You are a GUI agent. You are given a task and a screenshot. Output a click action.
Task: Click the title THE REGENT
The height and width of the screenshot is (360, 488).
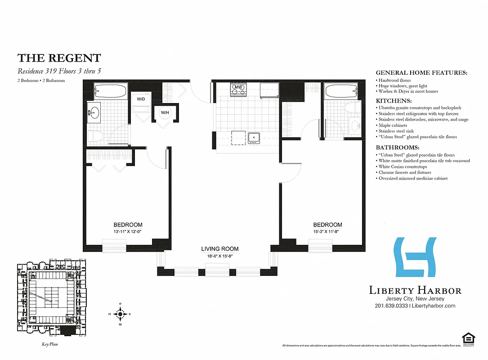(x=59, y=58)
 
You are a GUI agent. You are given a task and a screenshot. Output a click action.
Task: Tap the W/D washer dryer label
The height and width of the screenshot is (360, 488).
(x=141, y=99)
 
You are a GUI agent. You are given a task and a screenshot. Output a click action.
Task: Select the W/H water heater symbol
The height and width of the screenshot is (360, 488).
(x=165, y=112)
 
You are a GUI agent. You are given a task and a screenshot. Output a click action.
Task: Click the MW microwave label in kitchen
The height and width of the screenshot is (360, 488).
(x=238, y=87)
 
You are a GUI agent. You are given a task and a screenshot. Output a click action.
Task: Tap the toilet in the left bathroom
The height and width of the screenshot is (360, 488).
(x=95, y=135)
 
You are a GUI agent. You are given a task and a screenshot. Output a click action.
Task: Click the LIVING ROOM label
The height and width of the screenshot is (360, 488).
(x=219, y=249)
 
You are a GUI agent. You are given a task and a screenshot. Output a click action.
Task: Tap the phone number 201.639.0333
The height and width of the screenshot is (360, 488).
(x=390, y=306)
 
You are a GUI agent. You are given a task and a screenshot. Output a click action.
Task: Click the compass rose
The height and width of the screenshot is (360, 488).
(x=121, y=314)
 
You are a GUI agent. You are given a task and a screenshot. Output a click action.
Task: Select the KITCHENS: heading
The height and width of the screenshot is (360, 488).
(x=394, y=101)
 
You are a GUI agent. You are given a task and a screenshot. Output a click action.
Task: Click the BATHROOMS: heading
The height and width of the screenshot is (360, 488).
(x=397, y=148)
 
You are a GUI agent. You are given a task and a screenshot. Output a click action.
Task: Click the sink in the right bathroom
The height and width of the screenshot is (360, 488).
(x=355, y=125)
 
